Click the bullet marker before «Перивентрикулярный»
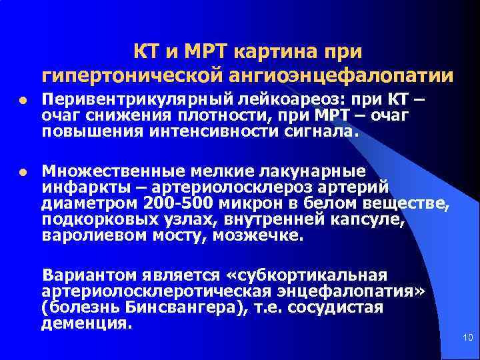click(x=23, y=102)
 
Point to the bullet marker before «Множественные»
click(x=23, y=172)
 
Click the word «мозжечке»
click(x=260, y=235)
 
